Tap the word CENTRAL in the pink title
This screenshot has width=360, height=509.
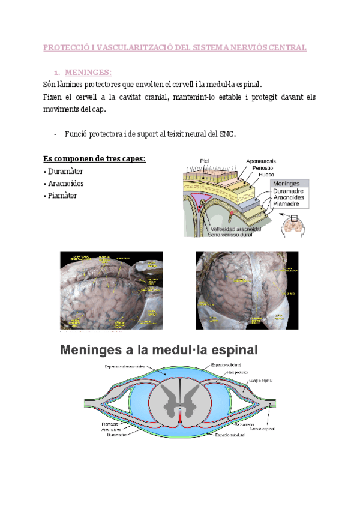[x=286, y=47]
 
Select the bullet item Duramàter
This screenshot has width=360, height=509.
[x=65, y=172]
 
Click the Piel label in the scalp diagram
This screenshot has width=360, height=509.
[x=206, y=160]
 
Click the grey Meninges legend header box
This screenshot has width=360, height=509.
[x=290, y=183]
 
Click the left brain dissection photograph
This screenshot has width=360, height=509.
[x=112, y=291]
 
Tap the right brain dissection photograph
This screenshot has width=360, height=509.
[x=247, y=291]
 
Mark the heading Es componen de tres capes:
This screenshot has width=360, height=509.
[x=95, y=159]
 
